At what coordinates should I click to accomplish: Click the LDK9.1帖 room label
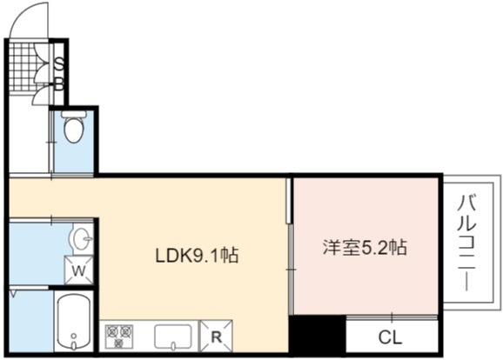(x=197, y=256)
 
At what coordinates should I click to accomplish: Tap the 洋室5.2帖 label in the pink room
(x=365, y=248)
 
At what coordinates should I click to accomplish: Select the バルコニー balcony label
(x=467, y=243)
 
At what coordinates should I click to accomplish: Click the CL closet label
(x=390, y=337)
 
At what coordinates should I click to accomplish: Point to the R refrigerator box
(x=217, y=337)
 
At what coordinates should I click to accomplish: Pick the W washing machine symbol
(x=78, y=270)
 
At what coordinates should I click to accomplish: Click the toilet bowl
(x=74, y=130)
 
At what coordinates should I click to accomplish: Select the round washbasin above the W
(x=80, y=239)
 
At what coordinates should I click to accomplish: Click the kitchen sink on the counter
(x=173, y=337)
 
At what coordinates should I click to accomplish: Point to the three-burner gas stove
(x=119, y=336)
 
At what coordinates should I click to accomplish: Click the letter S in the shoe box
(x=59, y=64)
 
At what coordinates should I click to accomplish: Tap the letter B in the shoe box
(x=59, y=84)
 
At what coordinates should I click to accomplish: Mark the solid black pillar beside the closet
(x=318, y=336)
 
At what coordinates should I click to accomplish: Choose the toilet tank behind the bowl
(x=74, y=114)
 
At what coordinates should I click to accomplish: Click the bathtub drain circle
(x=74, y=336)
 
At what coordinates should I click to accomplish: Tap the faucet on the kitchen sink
(x=173, y=346)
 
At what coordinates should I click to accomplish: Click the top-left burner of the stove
(x=112, y=330)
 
